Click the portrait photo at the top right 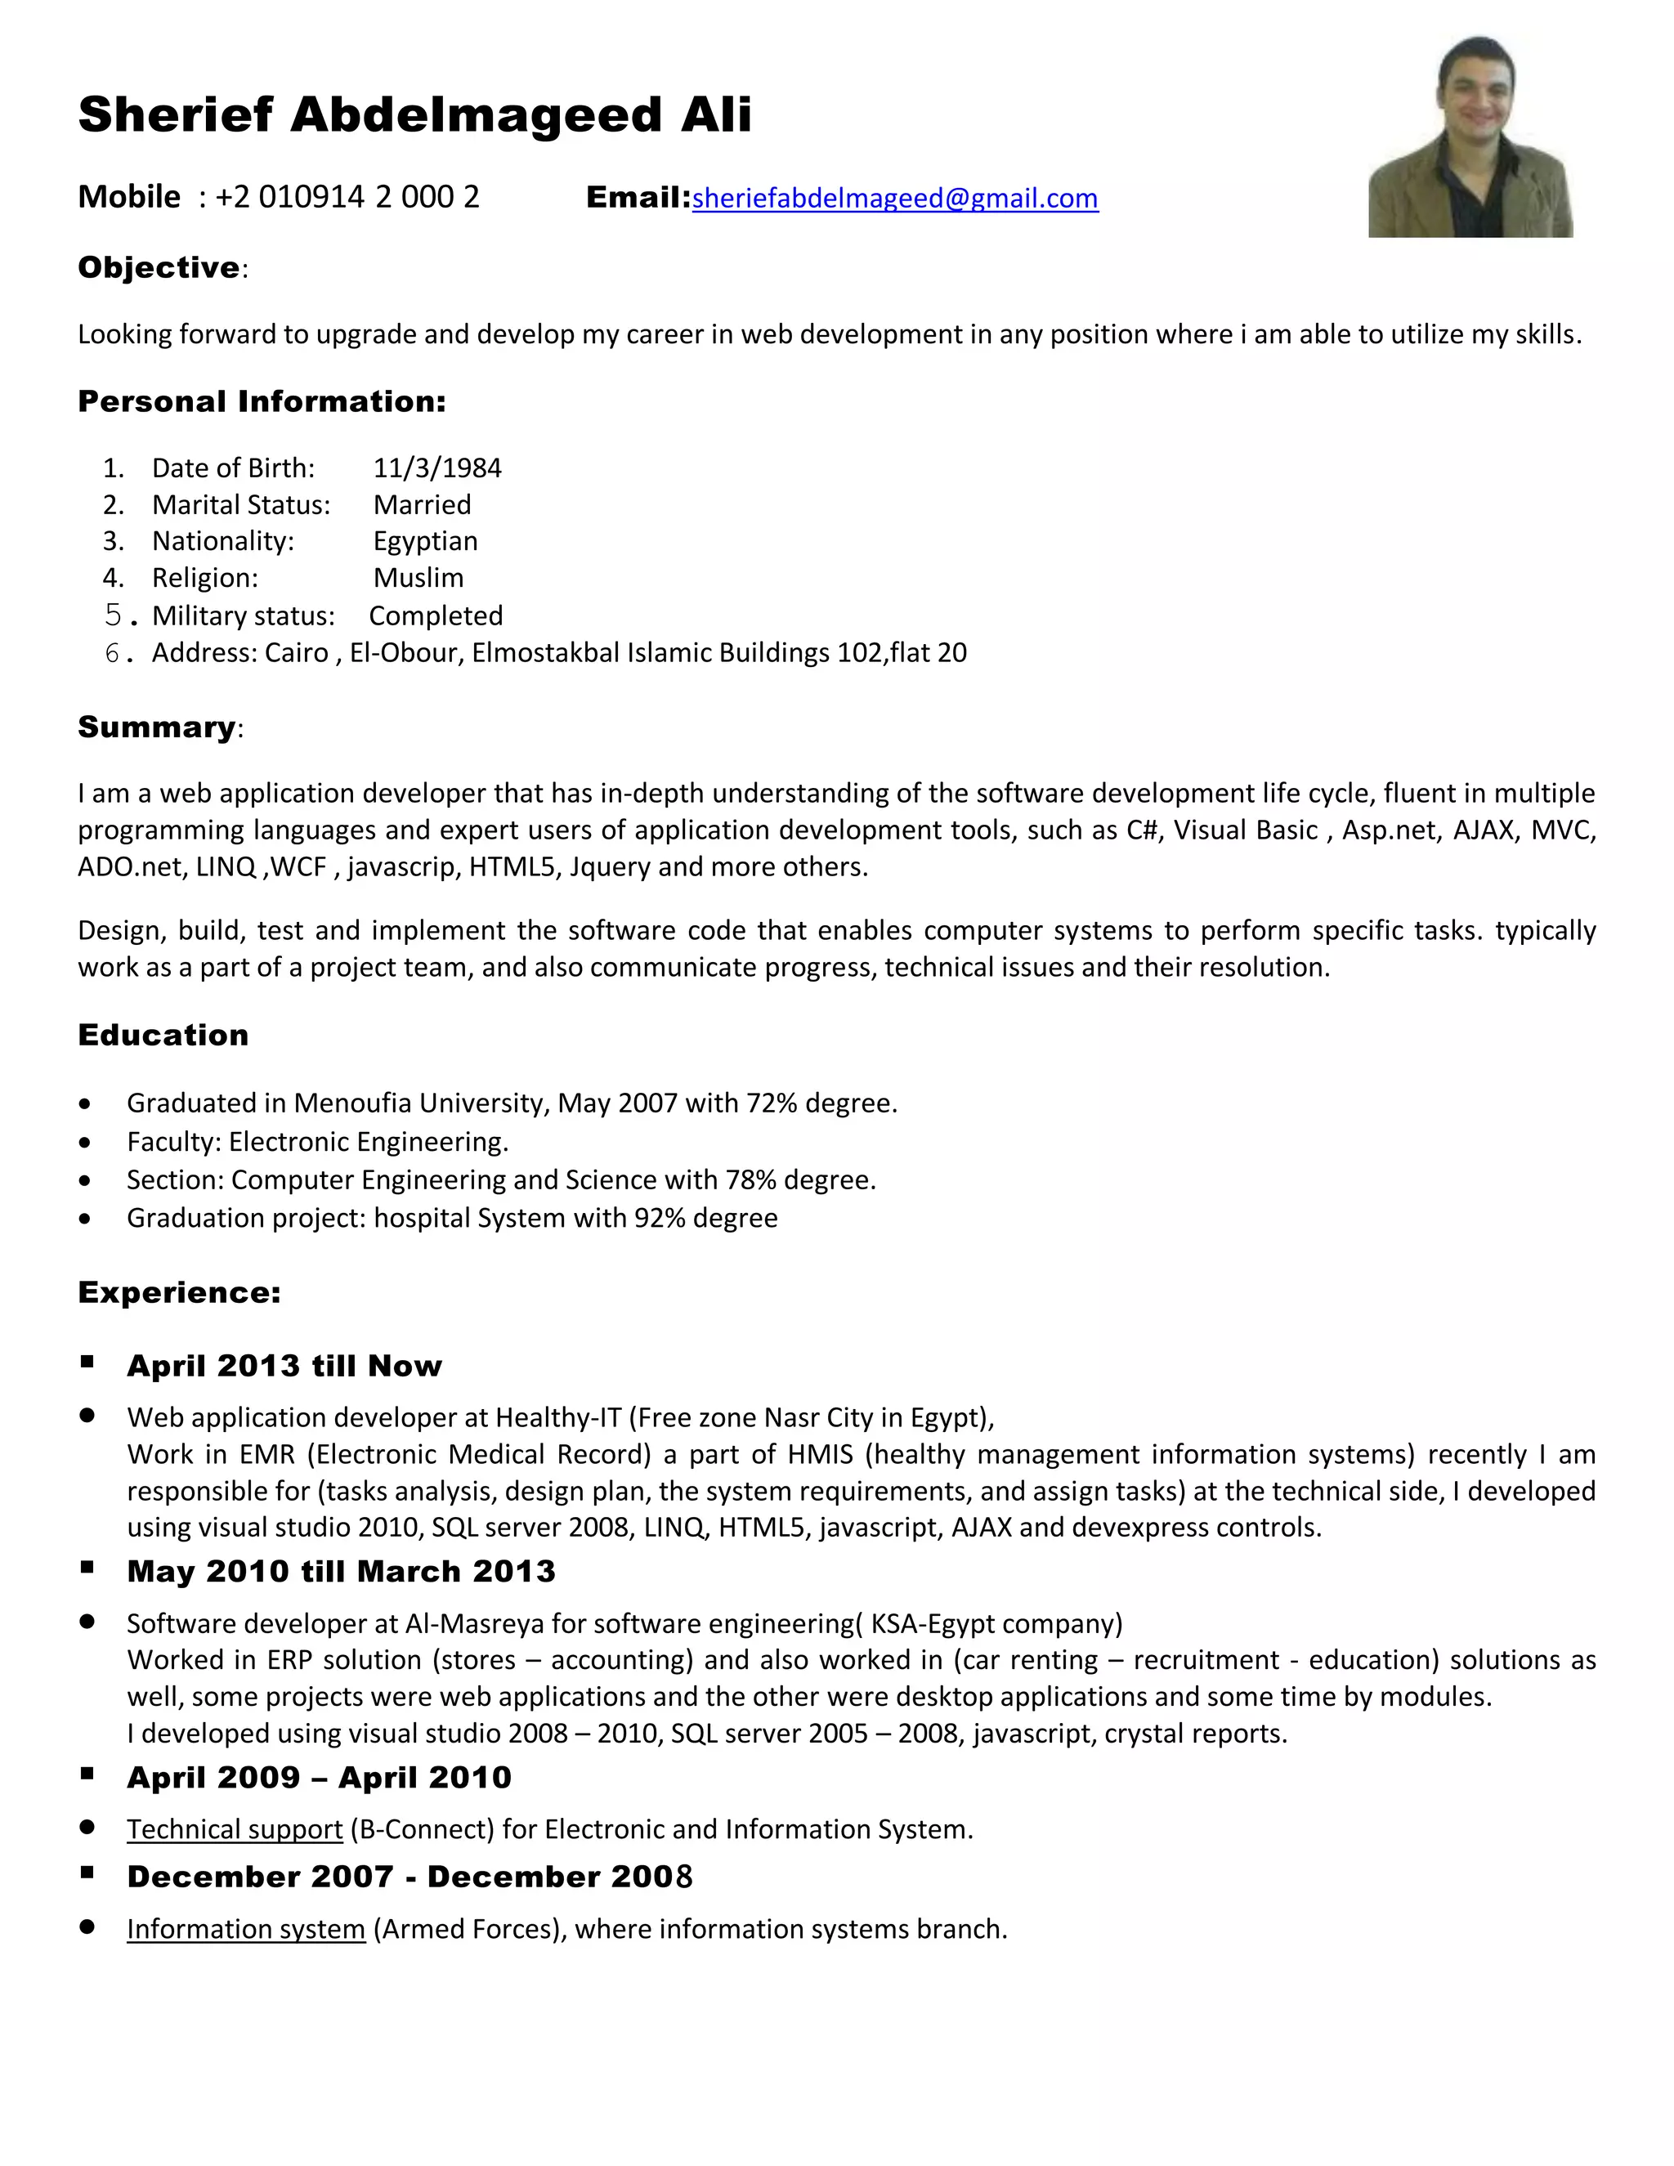[x=1470, y=136]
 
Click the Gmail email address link [x=894, y=199]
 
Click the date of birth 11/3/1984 [x=437, y=468]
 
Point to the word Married [x=422, y=505]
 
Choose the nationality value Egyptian [x=425, y=541]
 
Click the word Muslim [x=418, y=578]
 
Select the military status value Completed [x=436, y=616]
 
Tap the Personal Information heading [x=262, y=401]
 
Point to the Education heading [x=163, y=1036]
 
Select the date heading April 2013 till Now [x=284, y=1366]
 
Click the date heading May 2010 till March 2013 [x=341, y=1571]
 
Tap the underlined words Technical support [x=234, y=1828]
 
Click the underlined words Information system [x=246, y=1929]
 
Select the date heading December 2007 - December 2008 [x=410, y=1877]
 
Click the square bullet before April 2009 [x=87, y=1774]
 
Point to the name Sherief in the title [x=175, y=114]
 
